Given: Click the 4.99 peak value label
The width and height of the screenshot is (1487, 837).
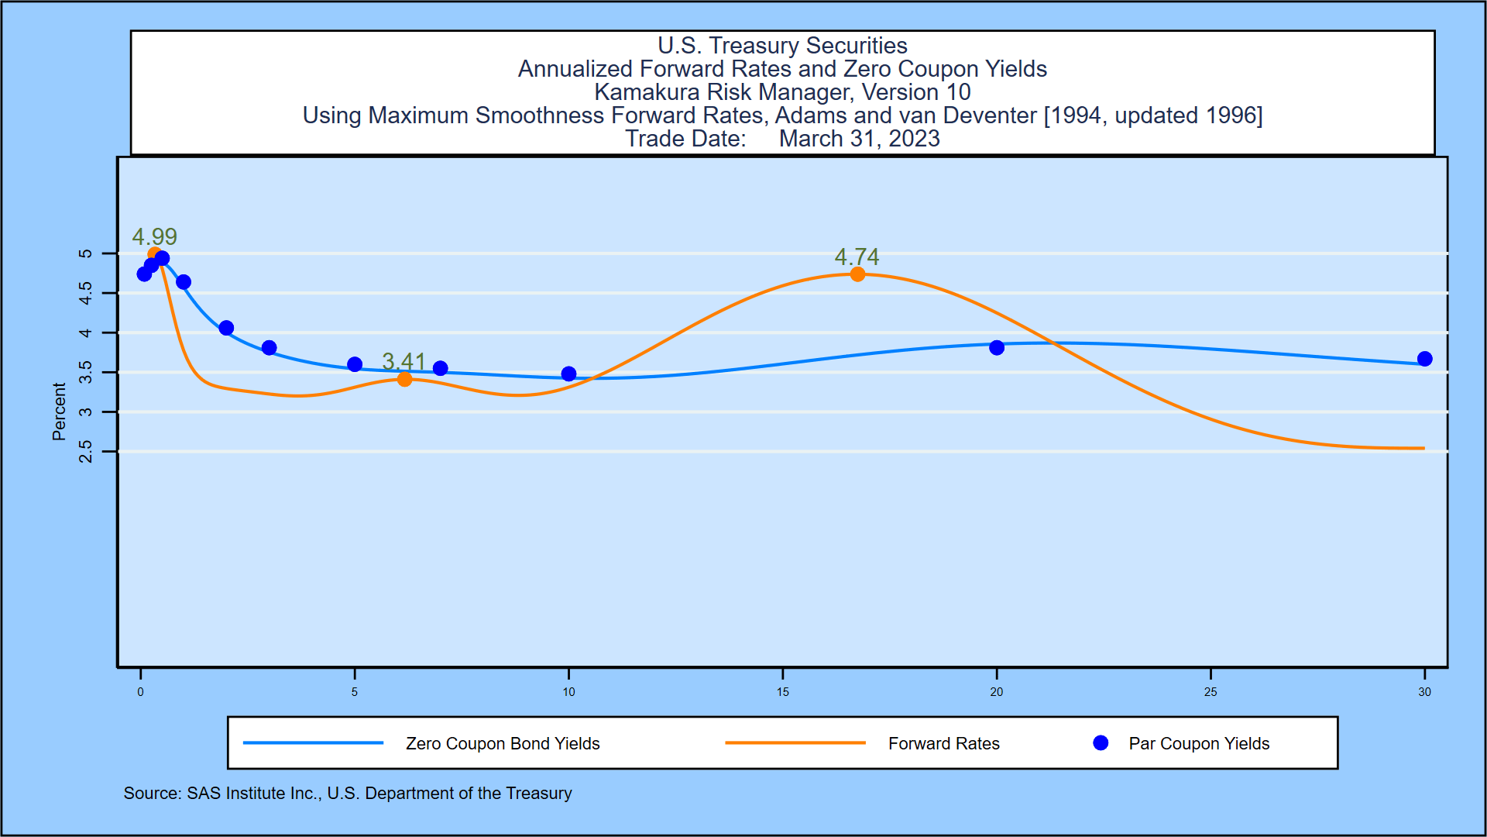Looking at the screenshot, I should coord(154,236).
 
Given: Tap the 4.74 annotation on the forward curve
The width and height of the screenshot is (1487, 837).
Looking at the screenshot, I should coord(857,257).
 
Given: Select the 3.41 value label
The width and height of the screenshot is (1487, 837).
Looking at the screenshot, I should coord(404,361).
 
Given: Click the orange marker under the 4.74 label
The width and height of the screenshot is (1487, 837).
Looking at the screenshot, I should coord(857,274).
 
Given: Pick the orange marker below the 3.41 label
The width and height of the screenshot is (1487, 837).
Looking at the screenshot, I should coord(404,379).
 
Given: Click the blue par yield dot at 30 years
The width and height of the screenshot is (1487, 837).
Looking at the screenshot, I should coord(1424,359).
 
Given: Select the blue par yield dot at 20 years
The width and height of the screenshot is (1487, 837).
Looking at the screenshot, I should coord(997,348).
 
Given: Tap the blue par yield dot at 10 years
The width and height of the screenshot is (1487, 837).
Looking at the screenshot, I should coord(568,374).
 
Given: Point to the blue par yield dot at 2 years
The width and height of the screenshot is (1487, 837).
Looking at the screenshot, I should coord(226,328).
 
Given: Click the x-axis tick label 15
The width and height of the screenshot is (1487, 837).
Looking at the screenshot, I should coord(783,692).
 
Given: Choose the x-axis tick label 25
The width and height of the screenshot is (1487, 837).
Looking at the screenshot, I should coord(1211,692).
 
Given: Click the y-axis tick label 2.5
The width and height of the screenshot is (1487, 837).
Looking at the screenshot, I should coord(86,451).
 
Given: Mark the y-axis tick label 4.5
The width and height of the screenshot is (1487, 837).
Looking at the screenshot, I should coord(86,293).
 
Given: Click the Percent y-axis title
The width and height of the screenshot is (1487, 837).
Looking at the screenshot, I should coord(59,412).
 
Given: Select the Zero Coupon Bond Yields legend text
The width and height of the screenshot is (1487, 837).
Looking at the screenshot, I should coord(503,744).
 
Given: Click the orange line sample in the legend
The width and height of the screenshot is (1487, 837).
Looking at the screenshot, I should coord(795,743).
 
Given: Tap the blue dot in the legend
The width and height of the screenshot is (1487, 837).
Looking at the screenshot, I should coord(1101,743).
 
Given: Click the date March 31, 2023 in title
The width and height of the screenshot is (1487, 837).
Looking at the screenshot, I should coord(859,139).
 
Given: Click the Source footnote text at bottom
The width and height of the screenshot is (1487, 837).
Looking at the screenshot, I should coord(348,794).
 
